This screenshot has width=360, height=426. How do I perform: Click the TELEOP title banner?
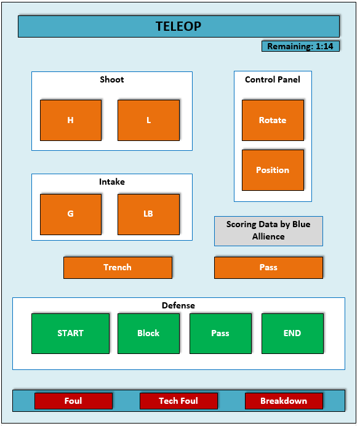(x=178, y=26)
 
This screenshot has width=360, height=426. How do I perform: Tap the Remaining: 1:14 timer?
(x=300, y=46)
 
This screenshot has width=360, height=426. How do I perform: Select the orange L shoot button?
(x=148, y=120)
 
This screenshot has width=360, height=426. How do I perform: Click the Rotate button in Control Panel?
(x=273, y=120)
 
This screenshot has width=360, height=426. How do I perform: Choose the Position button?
(x=273, y=170)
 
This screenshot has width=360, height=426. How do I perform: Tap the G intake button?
(x=71, y=214)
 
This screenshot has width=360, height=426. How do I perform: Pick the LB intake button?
(x=148, y=214)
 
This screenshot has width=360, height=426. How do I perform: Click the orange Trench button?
(x=118, y=268)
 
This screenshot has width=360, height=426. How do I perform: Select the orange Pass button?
(x=268, y=268)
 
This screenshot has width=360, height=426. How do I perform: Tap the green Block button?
(x=148, y=334)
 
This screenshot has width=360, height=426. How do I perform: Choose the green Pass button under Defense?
(x=220, y=334)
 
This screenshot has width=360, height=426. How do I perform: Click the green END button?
(x=292, y=334)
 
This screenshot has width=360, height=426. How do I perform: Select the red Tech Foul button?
(x=178, y=401)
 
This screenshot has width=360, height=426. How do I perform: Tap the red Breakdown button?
(x=284, y=401)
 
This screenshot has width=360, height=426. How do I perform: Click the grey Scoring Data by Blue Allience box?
(x=268, y=231)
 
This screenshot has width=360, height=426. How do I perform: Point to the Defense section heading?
(x=178, y=305)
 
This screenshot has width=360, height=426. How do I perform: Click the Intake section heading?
(x=112, y=182)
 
